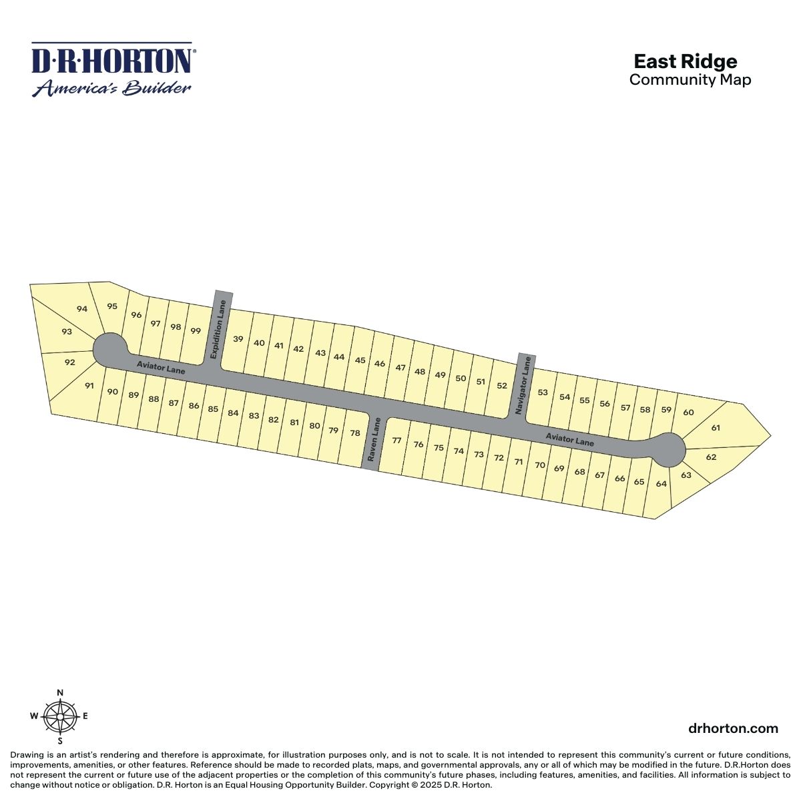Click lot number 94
(x=82, y=309)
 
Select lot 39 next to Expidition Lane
(x=238, y=339)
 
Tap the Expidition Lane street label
(x=218, y=329)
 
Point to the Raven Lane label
(x=373, y=439)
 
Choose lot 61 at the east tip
(x=716, y=427)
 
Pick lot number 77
(x=396, y=440)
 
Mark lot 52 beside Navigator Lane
(x=502, y=385)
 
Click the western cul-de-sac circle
(x=110, y=350)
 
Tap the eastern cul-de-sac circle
(x=667, y=450)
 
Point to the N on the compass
(x=60, y=692)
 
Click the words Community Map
(x=690, y=79)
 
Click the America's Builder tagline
(x=111, y=87)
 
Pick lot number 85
(x=213, y=409)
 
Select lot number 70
(x=539, y=465)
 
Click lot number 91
(x=89, y=385)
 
